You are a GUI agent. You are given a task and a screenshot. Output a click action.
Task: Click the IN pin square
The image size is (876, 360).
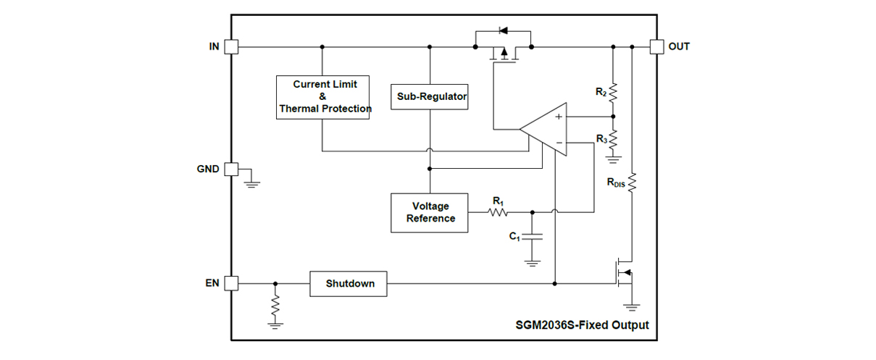coord(231,46)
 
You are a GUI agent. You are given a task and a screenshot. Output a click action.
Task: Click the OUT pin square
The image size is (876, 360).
coord(656,46)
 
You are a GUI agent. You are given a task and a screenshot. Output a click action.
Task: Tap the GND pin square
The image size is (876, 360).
coord(231,169)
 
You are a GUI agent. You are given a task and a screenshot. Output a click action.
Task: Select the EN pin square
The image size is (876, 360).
coord(231,283)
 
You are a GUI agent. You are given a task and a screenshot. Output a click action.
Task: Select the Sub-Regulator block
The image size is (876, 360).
coord(430,96)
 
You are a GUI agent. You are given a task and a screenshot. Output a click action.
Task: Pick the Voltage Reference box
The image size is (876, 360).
coord(430,212)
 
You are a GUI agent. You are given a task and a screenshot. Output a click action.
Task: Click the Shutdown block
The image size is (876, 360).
coord(349,283)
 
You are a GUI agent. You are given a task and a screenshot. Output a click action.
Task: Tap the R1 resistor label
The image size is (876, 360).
coord(498,200)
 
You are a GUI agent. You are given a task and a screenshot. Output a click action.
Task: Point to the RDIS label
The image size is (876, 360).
coord(616,183)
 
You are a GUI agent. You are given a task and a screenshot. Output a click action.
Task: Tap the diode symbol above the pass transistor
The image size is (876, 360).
coord(503,30)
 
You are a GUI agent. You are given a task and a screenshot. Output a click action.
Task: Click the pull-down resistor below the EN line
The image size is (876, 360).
coord(275,307)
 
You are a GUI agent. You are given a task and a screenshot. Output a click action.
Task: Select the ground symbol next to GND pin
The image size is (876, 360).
coord(251,180)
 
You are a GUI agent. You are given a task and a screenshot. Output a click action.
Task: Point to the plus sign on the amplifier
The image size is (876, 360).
coord(559,116)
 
